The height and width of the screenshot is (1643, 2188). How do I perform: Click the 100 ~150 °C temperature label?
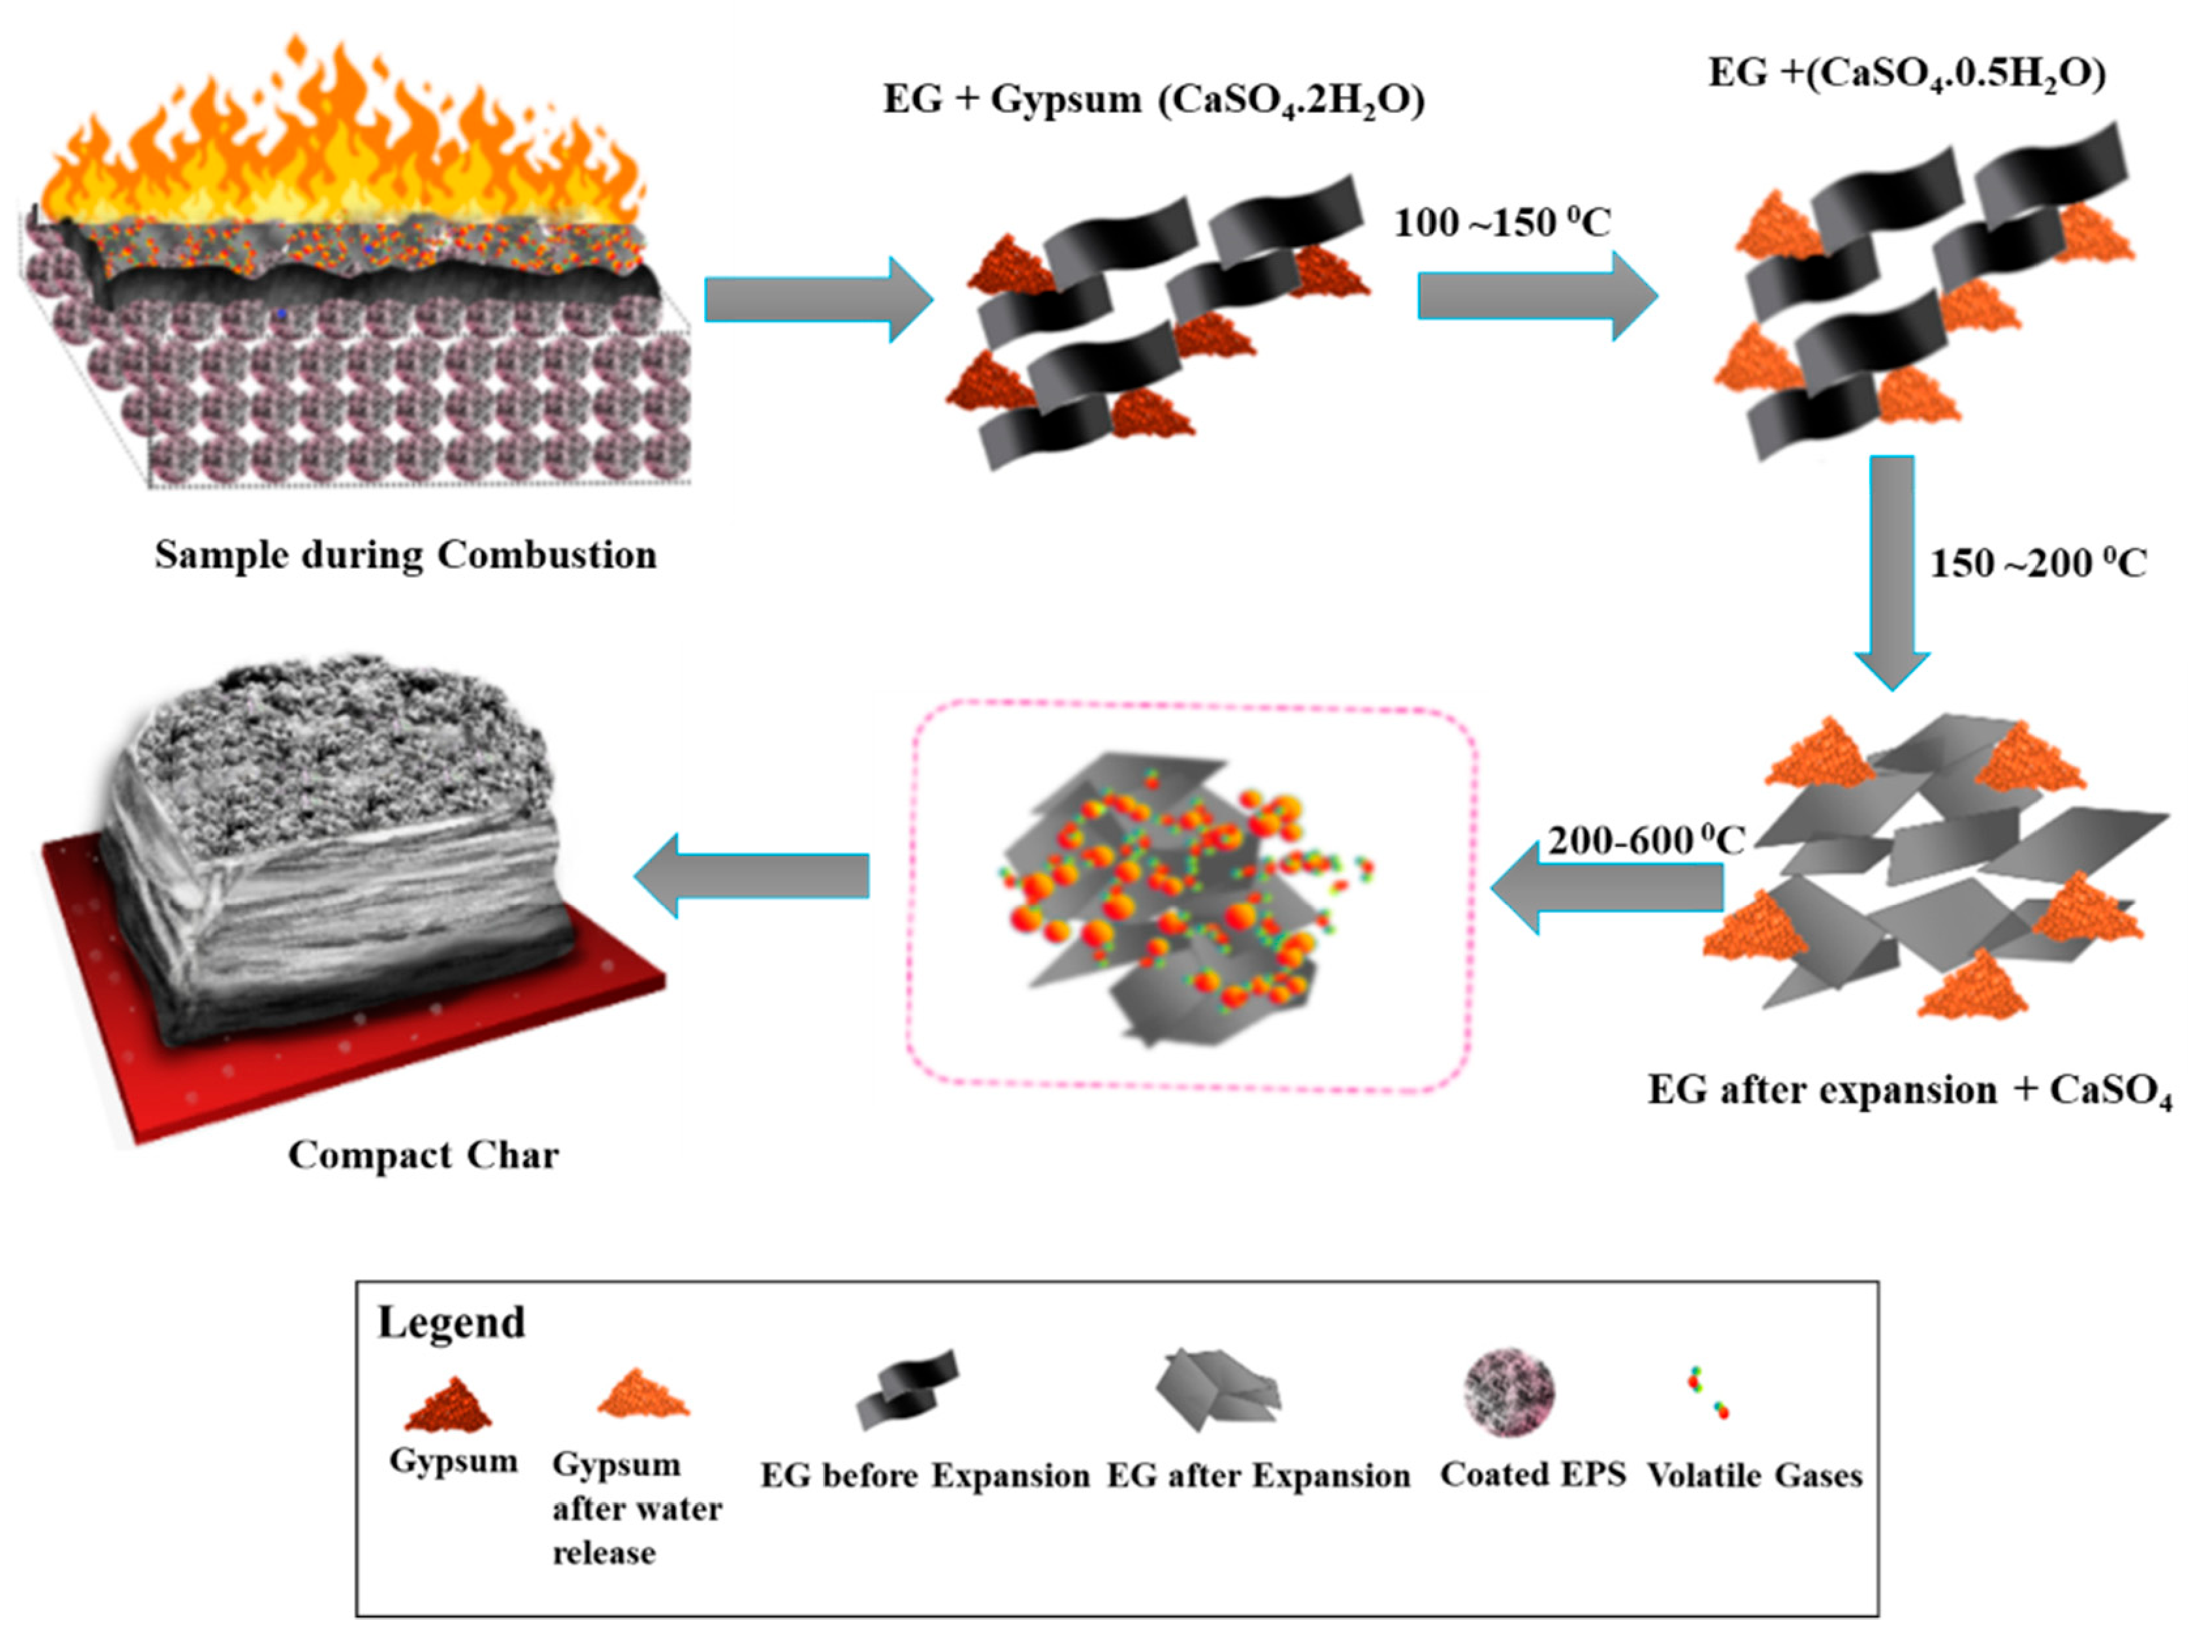click(x=1502, y=223)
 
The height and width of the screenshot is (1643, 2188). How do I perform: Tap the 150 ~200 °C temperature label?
click(x=2038, y=564)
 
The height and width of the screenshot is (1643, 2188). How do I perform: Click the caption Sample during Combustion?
click(x=406, y=555)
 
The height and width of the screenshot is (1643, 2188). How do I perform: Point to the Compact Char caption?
click(x=423, y=1155)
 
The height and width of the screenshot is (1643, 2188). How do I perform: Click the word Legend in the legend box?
click(x=451, y=1322)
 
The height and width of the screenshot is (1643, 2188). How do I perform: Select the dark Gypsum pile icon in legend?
click(x=448, y=1405)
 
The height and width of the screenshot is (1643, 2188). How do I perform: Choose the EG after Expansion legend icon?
click(x=1219, y=1390)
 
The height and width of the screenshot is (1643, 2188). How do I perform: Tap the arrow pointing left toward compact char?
click(x=752, y=876)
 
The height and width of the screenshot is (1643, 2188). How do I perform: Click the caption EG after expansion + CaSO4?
click(x=1909, y=1091)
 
